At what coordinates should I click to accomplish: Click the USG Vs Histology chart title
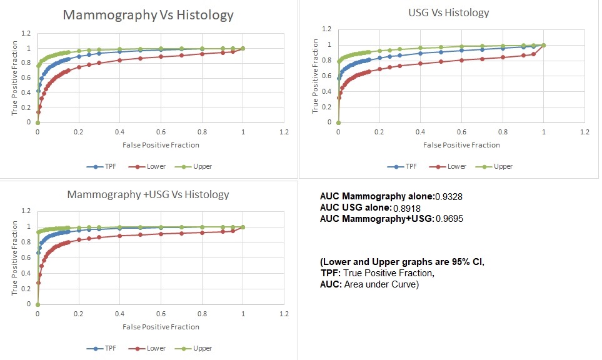point(449,12)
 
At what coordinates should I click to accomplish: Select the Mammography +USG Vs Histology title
point(148,194)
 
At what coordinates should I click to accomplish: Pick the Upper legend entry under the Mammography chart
point(194,167)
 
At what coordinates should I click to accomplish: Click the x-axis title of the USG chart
point(461,145)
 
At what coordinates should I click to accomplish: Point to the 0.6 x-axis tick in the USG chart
point(461,132)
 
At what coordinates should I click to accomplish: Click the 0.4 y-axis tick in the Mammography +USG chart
point(23,273)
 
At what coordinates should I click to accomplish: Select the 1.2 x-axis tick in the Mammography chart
point(284,132)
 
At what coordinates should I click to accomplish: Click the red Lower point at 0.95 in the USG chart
point(533,54)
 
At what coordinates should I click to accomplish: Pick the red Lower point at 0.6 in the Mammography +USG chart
point(161,234)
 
